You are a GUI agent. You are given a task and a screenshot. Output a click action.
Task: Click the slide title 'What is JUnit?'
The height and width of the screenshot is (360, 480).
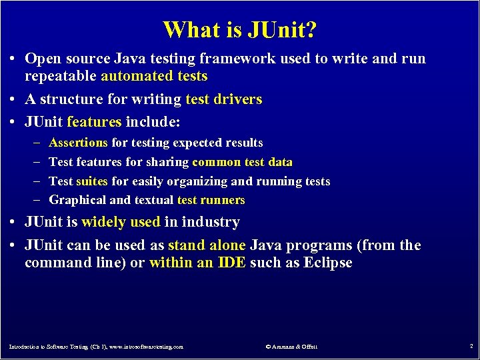[x=240, y=30]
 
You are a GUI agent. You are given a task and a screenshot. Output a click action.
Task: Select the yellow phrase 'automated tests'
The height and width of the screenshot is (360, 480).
[x=154, y=76]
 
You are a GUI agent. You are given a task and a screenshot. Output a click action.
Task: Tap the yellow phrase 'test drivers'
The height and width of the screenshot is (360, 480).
[x=223, y=99]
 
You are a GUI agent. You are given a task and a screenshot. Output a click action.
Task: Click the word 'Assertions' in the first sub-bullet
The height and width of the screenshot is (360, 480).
[x=79, y=143]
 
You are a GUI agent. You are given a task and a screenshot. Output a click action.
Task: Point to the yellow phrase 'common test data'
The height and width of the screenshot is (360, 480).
[x=242, y=162]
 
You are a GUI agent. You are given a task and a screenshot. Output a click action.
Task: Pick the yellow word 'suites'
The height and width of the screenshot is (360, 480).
[x=92, y=181]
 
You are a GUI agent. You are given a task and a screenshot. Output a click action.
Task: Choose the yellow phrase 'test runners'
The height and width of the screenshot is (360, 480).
[x=211, y=200]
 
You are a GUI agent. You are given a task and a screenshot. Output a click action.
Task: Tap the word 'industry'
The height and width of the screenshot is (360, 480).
[x=209, y=222]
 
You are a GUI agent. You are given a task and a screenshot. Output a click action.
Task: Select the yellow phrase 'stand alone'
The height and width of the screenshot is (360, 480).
[x=207, y=245]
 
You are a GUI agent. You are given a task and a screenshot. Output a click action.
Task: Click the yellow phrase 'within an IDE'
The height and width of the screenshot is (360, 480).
[x=197, y=263]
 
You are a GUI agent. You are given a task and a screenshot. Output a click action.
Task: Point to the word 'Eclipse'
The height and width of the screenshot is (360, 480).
[x=327, y=263]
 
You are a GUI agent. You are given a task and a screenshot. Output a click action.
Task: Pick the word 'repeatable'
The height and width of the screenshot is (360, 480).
[x=61, y=76]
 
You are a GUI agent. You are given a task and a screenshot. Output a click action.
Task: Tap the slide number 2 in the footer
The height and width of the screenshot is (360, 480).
[x=471, y=347]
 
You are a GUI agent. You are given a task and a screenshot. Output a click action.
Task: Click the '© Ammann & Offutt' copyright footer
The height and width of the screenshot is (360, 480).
[x=291, y=347]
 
